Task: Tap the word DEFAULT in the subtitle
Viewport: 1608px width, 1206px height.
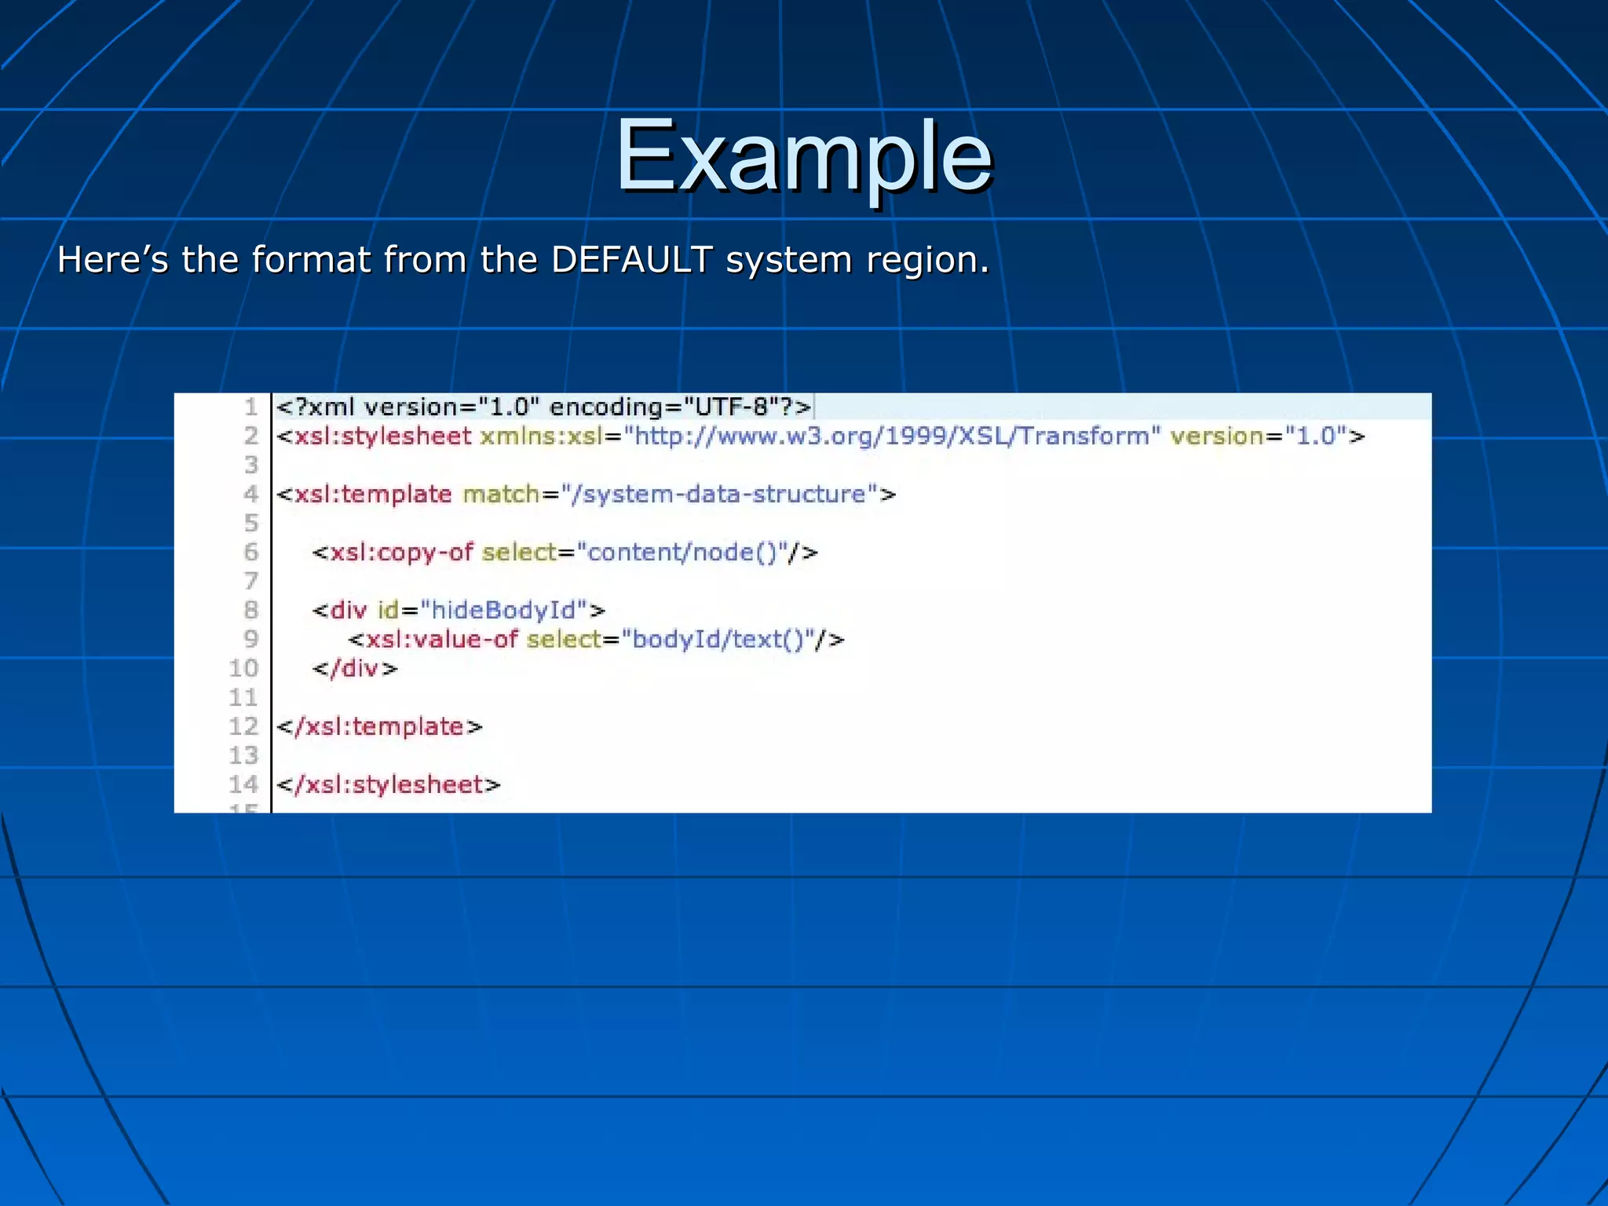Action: click(x=632, y=260)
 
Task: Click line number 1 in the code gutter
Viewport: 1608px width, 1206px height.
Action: click(x=250, y=407)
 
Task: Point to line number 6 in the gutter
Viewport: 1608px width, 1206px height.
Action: click(x=250, y=552)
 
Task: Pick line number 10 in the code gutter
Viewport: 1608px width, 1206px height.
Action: click(x=243, y=668)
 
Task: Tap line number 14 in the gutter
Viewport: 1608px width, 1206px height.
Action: click(x=243, y=784)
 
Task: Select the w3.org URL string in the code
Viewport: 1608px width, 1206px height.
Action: click(x=892, y=436)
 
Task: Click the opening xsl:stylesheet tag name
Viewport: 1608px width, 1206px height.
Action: click(x=382, y=436)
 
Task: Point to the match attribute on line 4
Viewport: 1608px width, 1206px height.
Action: click(x=501, y=494)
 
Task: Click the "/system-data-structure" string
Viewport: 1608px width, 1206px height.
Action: click(x=719, y=494)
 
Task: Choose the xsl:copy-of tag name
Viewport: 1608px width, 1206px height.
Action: click(x=401, y=552)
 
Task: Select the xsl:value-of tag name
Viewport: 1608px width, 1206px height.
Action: click(x=442, y=639)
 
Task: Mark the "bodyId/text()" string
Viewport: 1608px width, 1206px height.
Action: click(x=718, y=639)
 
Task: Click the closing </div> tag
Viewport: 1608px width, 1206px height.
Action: click(x=355, y=668)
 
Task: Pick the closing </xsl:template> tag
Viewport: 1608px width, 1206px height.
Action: click(x=379, y=726)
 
